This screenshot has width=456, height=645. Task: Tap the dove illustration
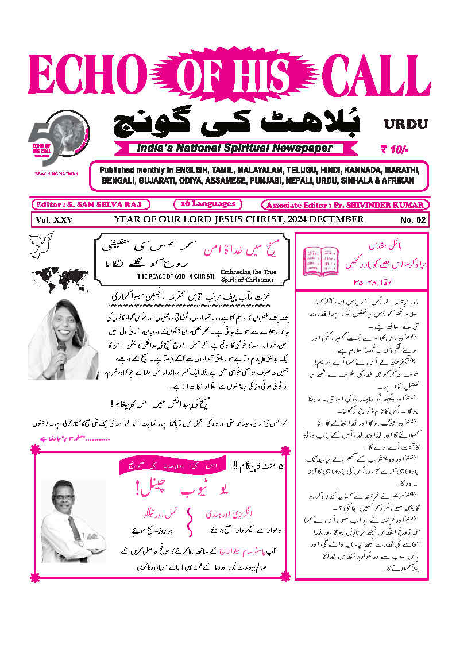(x=41, y=244)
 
